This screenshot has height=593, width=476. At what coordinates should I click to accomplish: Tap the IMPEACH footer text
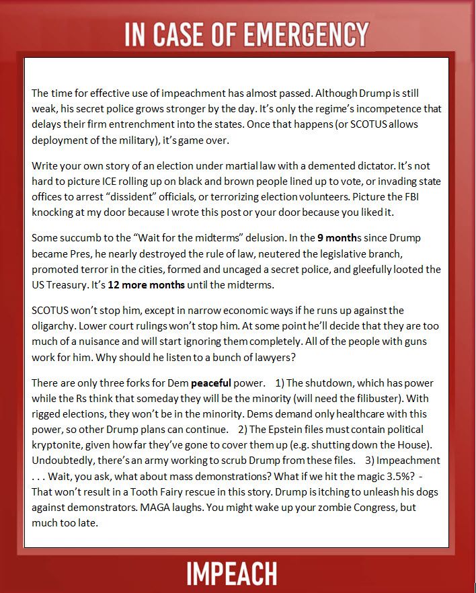pyautogui.click(x=232, y=573)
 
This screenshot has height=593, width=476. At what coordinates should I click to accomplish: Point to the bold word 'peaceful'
pyautogui.click(x=215, y=384)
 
